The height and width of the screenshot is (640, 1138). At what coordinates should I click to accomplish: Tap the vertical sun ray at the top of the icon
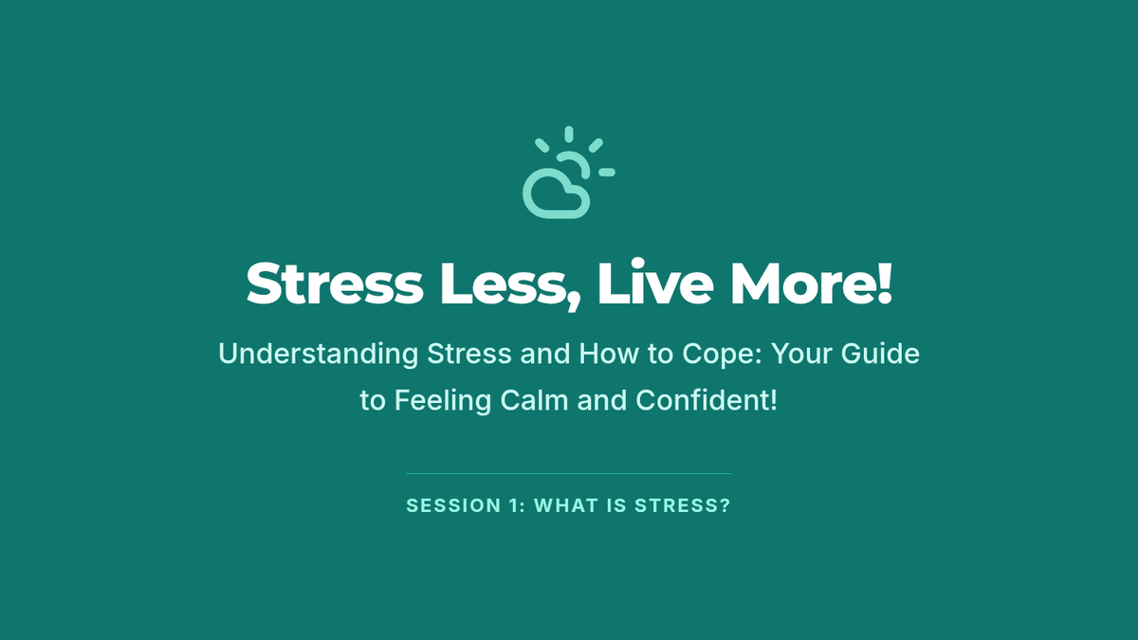pyautogui.click(x=569, y=135)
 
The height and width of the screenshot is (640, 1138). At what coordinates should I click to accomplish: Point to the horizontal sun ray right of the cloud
pyautogui.click(x=607, y=173)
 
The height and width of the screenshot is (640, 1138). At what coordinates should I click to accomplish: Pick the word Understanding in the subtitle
pyautogui.click(x=319, y=354)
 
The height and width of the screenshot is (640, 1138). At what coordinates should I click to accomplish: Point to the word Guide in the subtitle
pyautogui.click(x=880, y=354)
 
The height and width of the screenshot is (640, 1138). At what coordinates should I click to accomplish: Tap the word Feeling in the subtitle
pyautogui.click(x=443, y=401)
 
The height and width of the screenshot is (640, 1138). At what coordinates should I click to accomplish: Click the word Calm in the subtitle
pyautogui.click(x=534, y=400)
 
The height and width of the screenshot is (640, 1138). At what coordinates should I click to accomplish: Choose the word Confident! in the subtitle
pyautogui.click(x=707, y=400)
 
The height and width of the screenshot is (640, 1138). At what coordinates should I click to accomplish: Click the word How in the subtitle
pyautogui.click(x=609, y=354)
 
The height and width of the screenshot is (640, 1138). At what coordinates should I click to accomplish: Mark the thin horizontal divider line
pyautogui.click(x=569, y=473)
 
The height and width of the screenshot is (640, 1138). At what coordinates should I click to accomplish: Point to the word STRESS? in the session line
pyautogui.click(x=682, y=506)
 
